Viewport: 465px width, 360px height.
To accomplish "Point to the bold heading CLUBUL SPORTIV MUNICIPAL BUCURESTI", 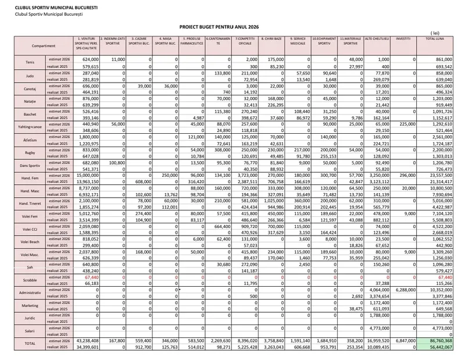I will [x=44, y=6].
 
